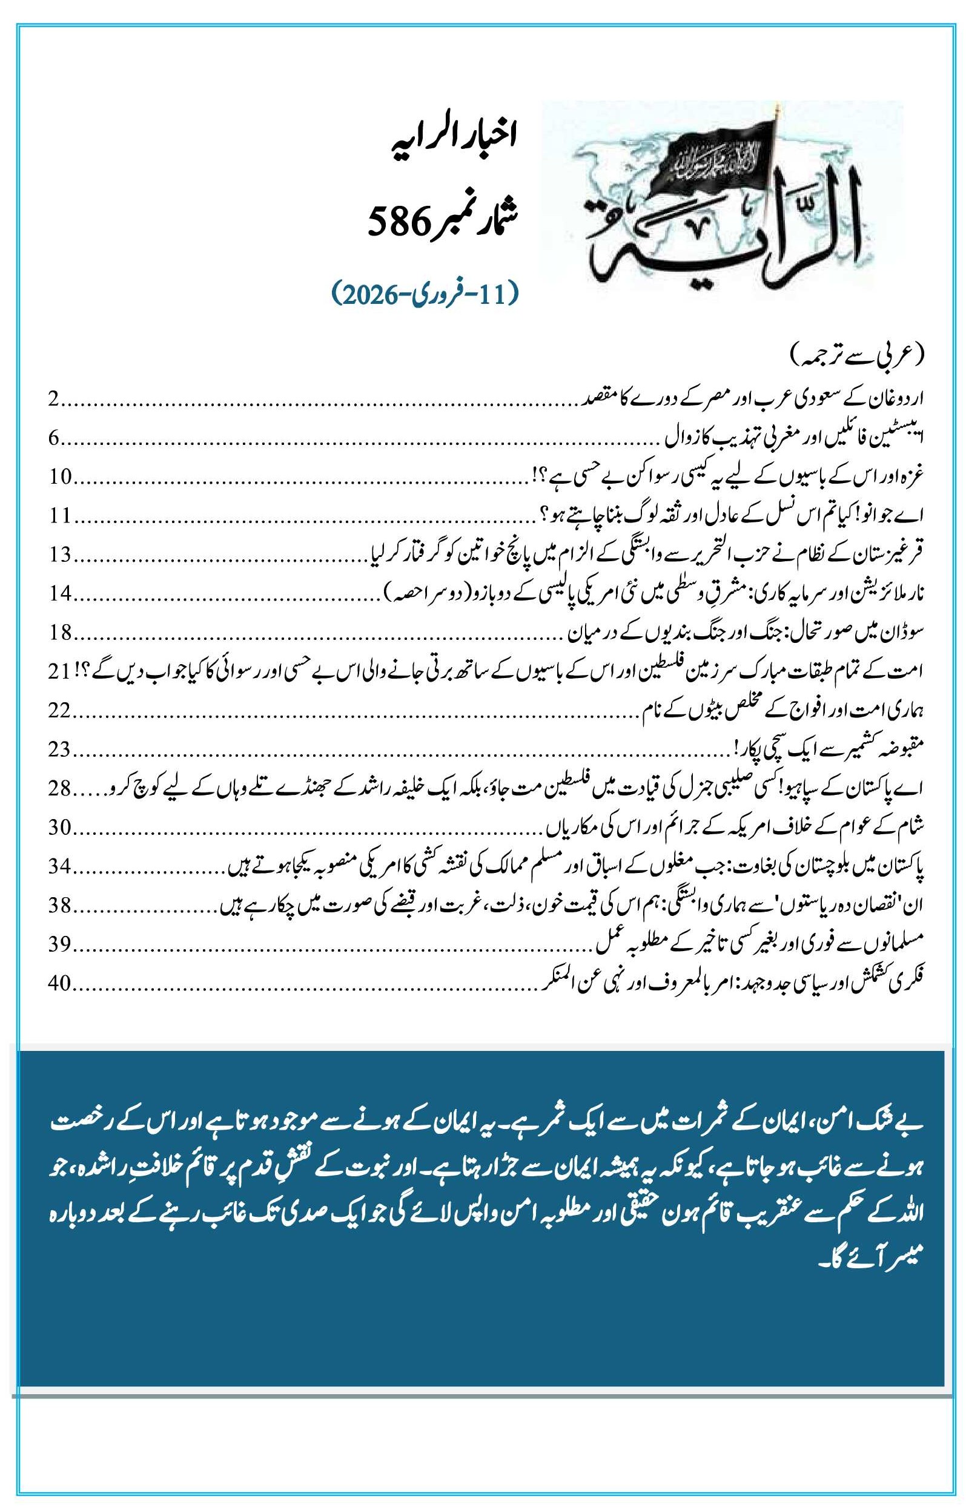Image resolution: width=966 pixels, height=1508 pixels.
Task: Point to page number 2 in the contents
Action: point(54,400)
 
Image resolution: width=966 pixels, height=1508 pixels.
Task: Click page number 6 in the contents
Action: point(54,438)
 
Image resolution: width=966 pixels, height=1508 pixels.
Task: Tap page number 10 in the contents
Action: point(61,477)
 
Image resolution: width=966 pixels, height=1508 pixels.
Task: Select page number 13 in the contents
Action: point(61,555)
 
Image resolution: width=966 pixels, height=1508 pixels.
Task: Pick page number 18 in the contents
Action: point(61,633)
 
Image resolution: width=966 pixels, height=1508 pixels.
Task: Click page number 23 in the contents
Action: point(61,749)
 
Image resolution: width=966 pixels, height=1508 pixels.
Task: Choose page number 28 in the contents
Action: point(61,788)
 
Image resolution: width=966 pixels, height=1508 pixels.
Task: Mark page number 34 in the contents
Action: point(61,866)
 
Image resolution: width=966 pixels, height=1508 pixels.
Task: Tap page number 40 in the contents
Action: point(61,983)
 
